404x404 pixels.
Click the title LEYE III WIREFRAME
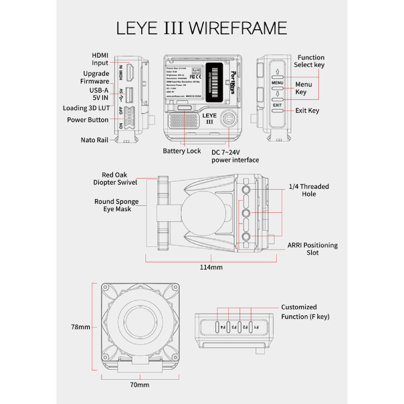(201, 27)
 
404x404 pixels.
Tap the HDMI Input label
(100, 59)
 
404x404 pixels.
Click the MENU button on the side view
(277, 82)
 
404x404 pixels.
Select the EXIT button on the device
(277, 105)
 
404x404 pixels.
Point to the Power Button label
(87, 120)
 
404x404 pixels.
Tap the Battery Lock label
(182, 151)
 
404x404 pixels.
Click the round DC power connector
(229, 120)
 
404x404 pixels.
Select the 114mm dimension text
(211, 267)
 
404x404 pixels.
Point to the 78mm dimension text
(80, 327)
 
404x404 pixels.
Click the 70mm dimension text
(139, 385)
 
